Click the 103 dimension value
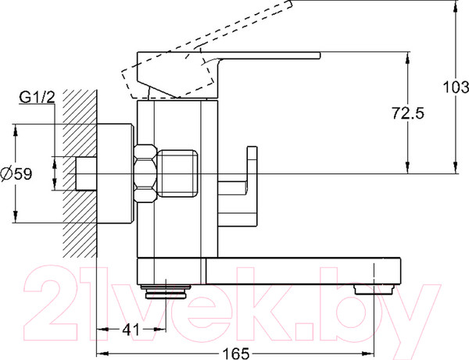[456, 87]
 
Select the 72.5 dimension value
[408, 113]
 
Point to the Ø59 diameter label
[16, 173]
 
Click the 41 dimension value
[131, 330]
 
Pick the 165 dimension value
[236, 354]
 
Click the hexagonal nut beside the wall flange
[145, 173]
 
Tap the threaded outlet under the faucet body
[166, 291]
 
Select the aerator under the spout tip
[374, 290]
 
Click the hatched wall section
[80, 173]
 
